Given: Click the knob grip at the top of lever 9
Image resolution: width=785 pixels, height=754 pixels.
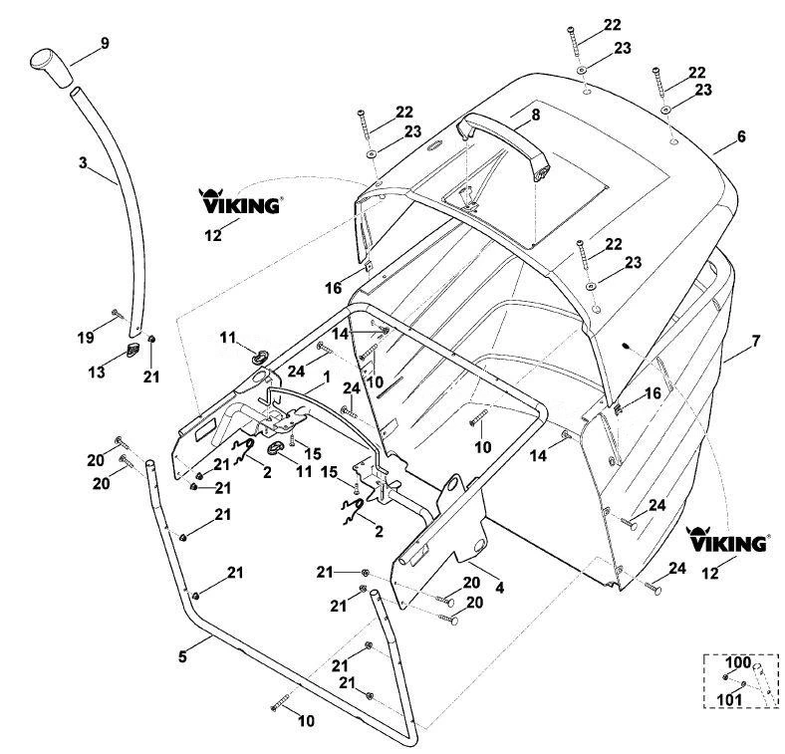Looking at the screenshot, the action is pyautogui.click(x=52, y=68).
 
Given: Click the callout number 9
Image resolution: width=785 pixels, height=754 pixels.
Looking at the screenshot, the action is pyautogui.click(x=105, y=43).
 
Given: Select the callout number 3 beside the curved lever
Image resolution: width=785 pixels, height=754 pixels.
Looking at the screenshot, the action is pyautogui.click(x=83, y=162).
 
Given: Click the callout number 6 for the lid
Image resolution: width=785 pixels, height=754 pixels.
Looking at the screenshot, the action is pyautogui.click(x=741, y=136).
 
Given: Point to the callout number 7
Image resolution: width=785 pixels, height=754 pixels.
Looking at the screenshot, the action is pyautogui.click(x=755, y=341).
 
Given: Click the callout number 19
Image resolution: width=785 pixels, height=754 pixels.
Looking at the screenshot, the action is pyautogui.click(x=86, y=338).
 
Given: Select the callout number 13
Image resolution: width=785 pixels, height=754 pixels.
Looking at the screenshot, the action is pyautogui.click(x=97, y=372).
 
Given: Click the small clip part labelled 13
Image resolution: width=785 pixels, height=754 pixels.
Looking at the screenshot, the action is pyautogui.click(x=132, y=350).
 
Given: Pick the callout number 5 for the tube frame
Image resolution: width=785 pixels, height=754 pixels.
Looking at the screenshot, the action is pyautogui.click(x=182, y=656).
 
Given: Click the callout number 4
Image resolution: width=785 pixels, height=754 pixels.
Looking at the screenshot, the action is pyautogui.click(x=499, y=588).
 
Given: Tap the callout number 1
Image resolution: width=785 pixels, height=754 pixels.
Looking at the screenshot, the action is pyautogui.click(x=327, y=377).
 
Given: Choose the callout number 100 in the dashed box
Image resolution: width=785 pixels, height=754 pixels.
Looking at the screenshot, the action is pyautogui.click(x=738, y=662).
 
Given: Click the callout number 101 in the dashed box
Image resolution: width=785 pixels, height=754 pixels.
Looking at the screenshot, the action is pyautogui.click(x=729, y=699).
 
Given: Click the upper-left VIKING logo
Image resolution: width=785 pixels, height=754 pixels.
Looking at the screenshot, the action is pyautogui.click(x=239, y=201).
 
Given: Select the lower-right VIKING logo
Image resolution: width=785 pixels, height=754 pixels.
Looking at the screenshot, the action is pyautogui.click(x=726, y=539).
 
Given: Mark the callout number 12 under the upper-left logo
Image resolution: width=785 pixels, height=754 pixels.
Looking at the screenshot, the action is pyautogui.click(x=213, y=235).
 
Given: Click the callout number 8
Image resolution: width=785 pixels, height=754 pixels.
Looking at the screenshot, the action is pyautogui.click(x=536, y=115).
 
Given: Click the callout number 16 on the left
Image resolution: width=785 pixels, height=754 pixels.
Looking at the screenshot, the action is pyautogui.click(x=334, y=288).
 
